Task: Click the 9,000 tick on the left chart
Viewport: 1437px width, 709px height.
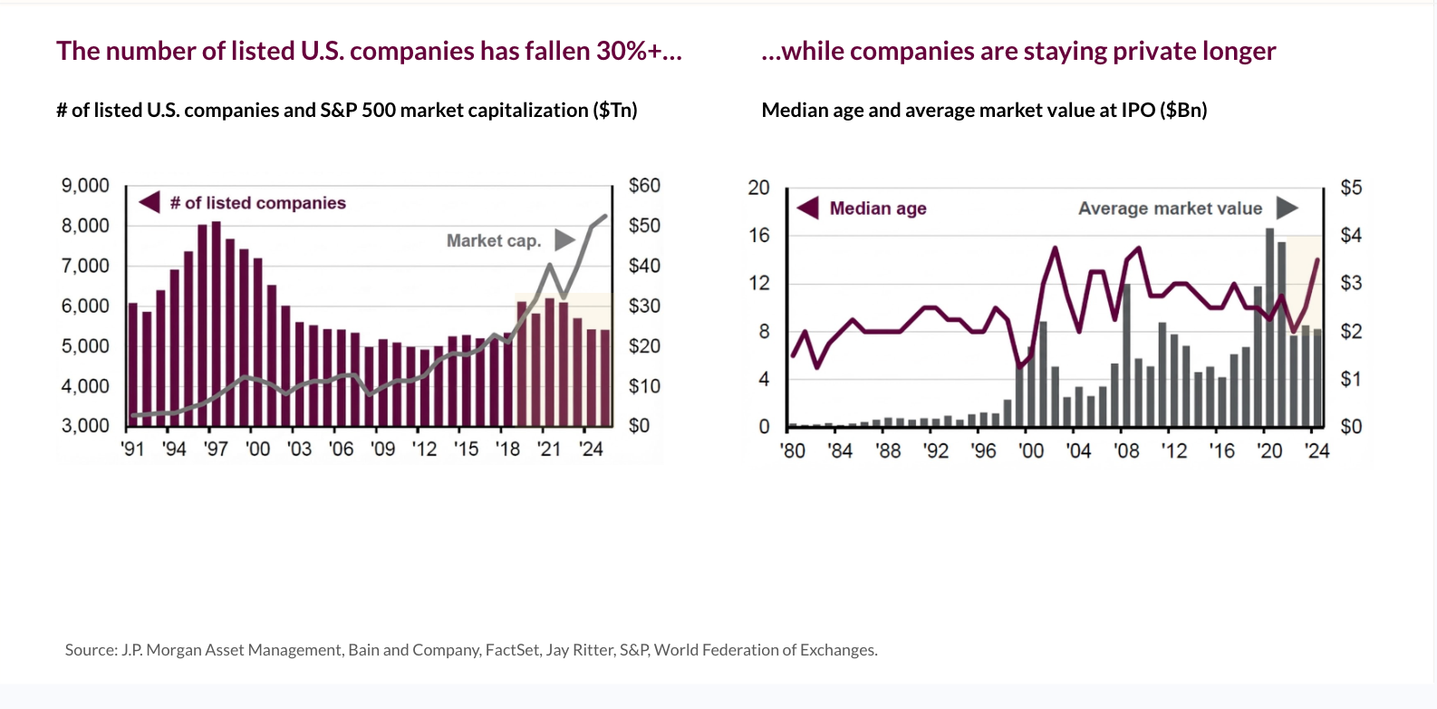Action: (85, 186)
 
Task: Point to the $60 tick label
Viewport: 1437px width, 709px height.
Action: (644, 186)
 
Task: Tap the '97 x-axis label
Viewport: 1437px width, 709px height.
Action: (216, 449)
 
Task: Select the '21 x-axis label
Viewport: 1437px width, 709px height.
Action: (549, 449)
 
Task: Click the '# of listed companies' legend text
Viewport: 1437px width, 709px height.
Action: (258, 203)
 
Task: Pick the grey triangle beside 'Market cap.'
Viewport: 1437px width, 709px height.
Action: (564, 240)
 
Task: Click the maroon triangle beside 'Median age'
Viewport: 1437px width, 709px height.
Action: (808, 209)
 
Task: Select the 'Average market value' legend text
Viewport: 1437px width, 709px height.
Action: (1170, 209)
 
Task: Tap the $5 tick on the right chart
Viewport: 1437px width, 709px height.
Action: (1351, 188)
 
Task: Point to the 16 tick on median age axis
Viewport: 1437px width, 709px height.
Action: (758, 236)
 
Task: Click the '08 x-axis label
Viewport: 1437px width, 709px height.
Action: (1126, 451)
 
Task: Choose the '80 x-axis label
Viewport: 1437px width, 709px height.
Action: (793, 451)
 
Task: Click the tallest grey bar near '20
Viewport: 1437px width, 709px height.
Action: (1269, 326)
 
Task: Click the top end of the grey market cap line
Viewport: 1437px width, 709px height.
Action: (605, 216)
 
